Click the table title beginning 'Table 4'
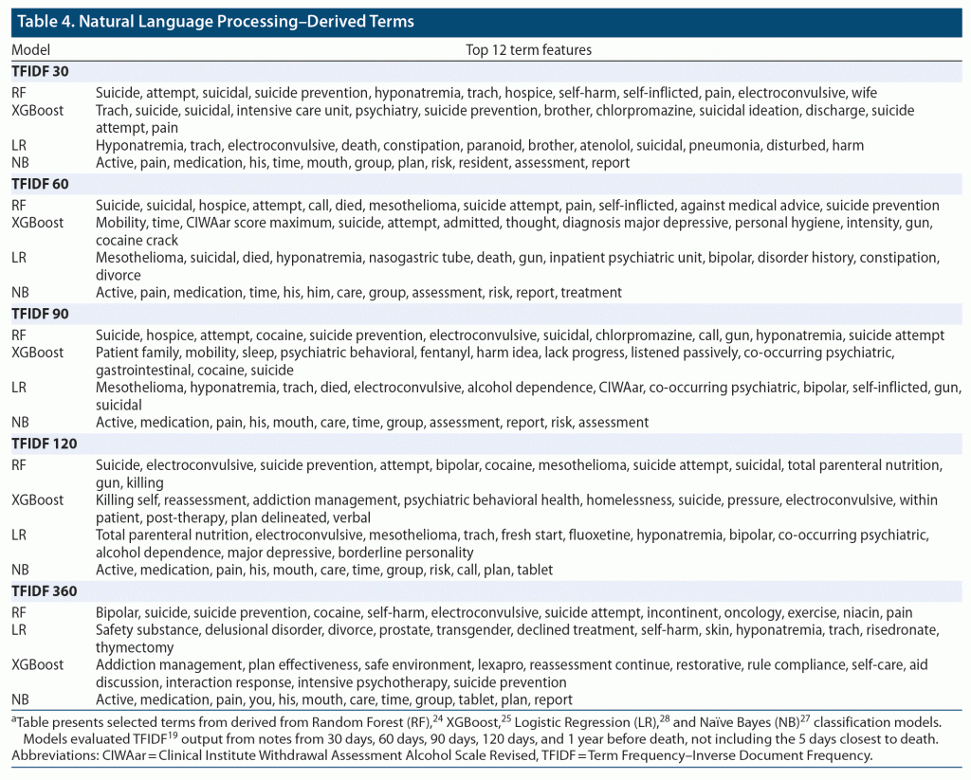pyautogui.click(x=215, y=21)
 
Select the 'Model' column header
pyautogui.click(x=30, y=49)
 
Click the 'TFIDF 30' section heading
pyautogui.click(x=40, y=71)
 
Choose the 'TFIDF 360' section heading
pyautogui.click(x=44, y=591)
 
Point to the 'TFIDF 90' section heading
pyautogui.click(x=40, y=314)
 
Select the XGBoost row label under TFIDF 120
pyautogui.click(x=37, y=499)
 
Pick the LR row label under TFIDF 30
pyautogui.click(x=19, y=145)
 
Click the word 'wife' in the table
pyautogui.click(x=864, y=93)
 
